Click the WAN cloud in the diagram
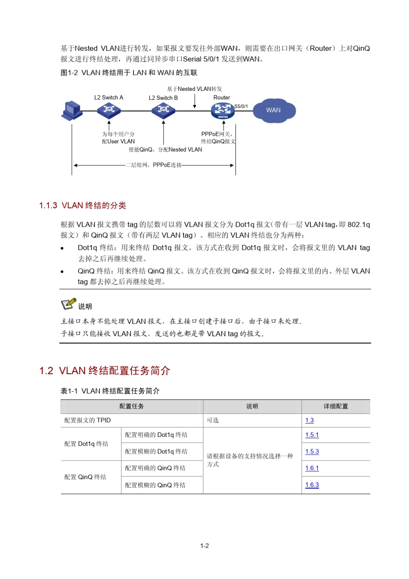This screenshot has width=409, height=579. tap(274, 111)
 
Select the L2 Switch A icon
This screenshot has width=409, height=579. tap(109, 110)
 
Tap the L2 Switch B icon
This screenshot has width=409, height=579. tap(163, 110)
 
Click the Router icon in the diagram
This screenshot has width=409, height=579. tap(223, 111)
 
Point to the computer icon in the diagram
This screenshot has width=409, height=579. tap(71, 111)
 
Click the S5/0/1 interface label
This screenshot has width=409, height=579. tap(241, 106)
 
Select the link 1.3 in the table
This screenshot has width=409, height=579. tap(309, 421)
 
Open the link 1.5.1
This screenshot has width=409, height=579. tap(312, 435)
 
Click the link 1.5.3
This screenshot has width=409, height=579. tap(312, 452)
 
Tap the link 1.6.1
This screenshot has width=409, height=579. tap(312, 468)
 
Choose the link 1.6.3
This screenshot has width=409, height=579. tap(312, 485)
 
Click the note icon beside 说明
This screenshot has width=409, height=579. tap(68, 304)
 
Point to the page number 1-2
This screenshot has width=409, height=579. tap(204, 546)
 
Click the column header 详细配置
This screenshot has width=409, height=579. tap(336, 406)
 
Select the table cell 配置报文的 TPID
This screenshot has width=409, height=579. tap(87, 421)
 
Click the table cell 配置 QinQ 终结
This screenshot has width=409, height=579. tap(85, 477)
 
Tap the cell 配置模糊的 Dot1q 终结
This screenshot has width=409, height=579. tap(156, 452)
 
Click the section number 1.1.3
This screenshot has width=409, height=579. tap(48, 206)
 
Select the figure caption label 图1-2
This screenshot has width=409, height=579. tap(69, 73)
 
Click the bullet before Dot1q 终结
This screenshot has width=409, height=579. tap(62, 248)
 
